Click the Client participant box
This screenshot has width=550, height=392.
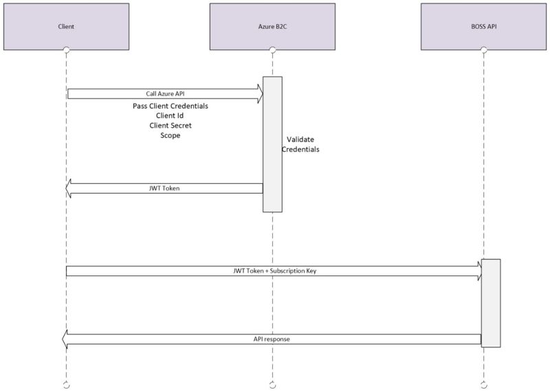[66, 26]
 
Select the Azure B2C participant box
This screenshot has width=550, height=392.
[272, 26]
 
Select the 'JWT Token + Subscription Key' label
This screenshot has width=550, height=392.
[274, 271]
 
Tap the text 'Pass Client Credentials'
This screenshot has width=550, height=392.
[170, 107]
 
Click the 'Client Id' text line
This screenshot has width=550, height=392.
[170, 117]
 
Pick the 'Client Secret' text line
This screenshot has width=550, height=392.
[170, 126]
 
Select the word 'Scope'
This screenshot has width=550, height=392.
[170, 136]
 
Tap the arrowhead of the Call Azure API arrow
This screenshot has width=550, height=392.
[259, 93]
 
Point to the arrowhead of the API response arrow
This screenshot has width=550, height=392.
[66, 339]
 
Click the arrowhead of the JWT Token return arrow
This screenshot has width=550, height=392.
[70, 188]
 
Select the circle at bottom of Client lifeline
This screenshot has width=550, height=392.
[66, 383]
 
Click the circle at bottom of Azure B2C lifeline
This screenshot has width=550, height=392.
[272, 383]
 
